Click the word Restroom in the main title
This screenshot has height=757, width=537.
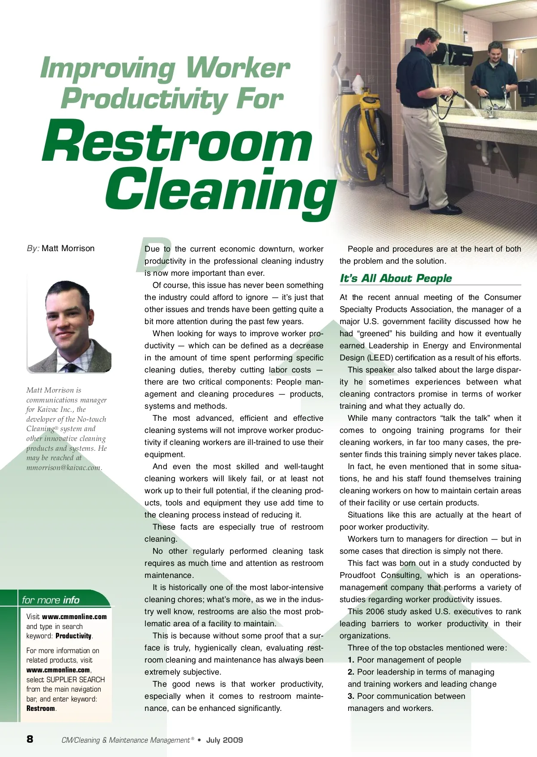pyautogui.click(x=177, y=142)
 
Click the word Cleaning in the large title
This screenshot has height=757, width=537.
pyautogui.click(x=220, y=190)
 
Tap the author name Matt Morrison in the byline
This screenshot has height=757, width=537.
pyautogui.click(x=68, y=248)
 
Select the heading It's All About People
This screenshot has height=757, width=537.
pyautogui.click(x=396, y=278)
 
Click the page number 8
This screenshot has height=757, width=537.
pyautogui.click(x=30, y=739)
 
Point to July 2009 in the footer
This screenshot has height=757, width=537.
pyautogui.click(x=224, y=740)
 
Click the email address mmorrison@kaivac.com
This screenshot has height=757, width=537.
pyautogui.click(x=64, y=468)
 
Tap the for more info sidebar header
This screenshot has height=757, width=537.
pyautogui.click(x=51, y=600)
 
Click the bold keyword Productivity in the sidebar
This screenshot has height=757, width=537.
pyautogui.click(x=73, y=636)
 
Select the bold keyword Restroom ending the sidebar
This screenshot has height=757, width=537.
pyautogui.click(x=41, y=709)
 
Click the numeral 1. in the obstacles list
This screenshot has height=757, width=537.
pyautogui.click(x=351, y=660)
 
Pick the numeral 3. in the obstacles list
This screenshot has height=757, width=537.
pyautogui.click(x=351, y=696)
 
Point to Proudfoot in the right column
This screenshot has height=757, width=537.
pyautogui.click(x=357, y=575)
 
